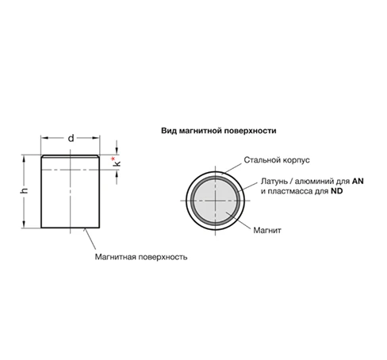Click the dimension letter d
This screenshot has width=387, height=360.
pos(71,138)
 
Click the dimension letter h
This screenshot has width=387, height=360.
pos(24,190)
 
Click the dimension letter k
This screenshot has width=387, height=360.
pos(117,163)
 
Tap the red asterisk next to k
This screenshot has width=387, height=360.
pos(113,159)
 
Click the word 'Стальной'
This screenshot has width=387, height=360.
pos(262,160)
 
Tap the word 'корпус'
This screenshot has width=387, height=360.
pos(296,160)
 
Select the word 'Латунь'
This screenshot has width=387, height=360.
pos(274,182)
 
